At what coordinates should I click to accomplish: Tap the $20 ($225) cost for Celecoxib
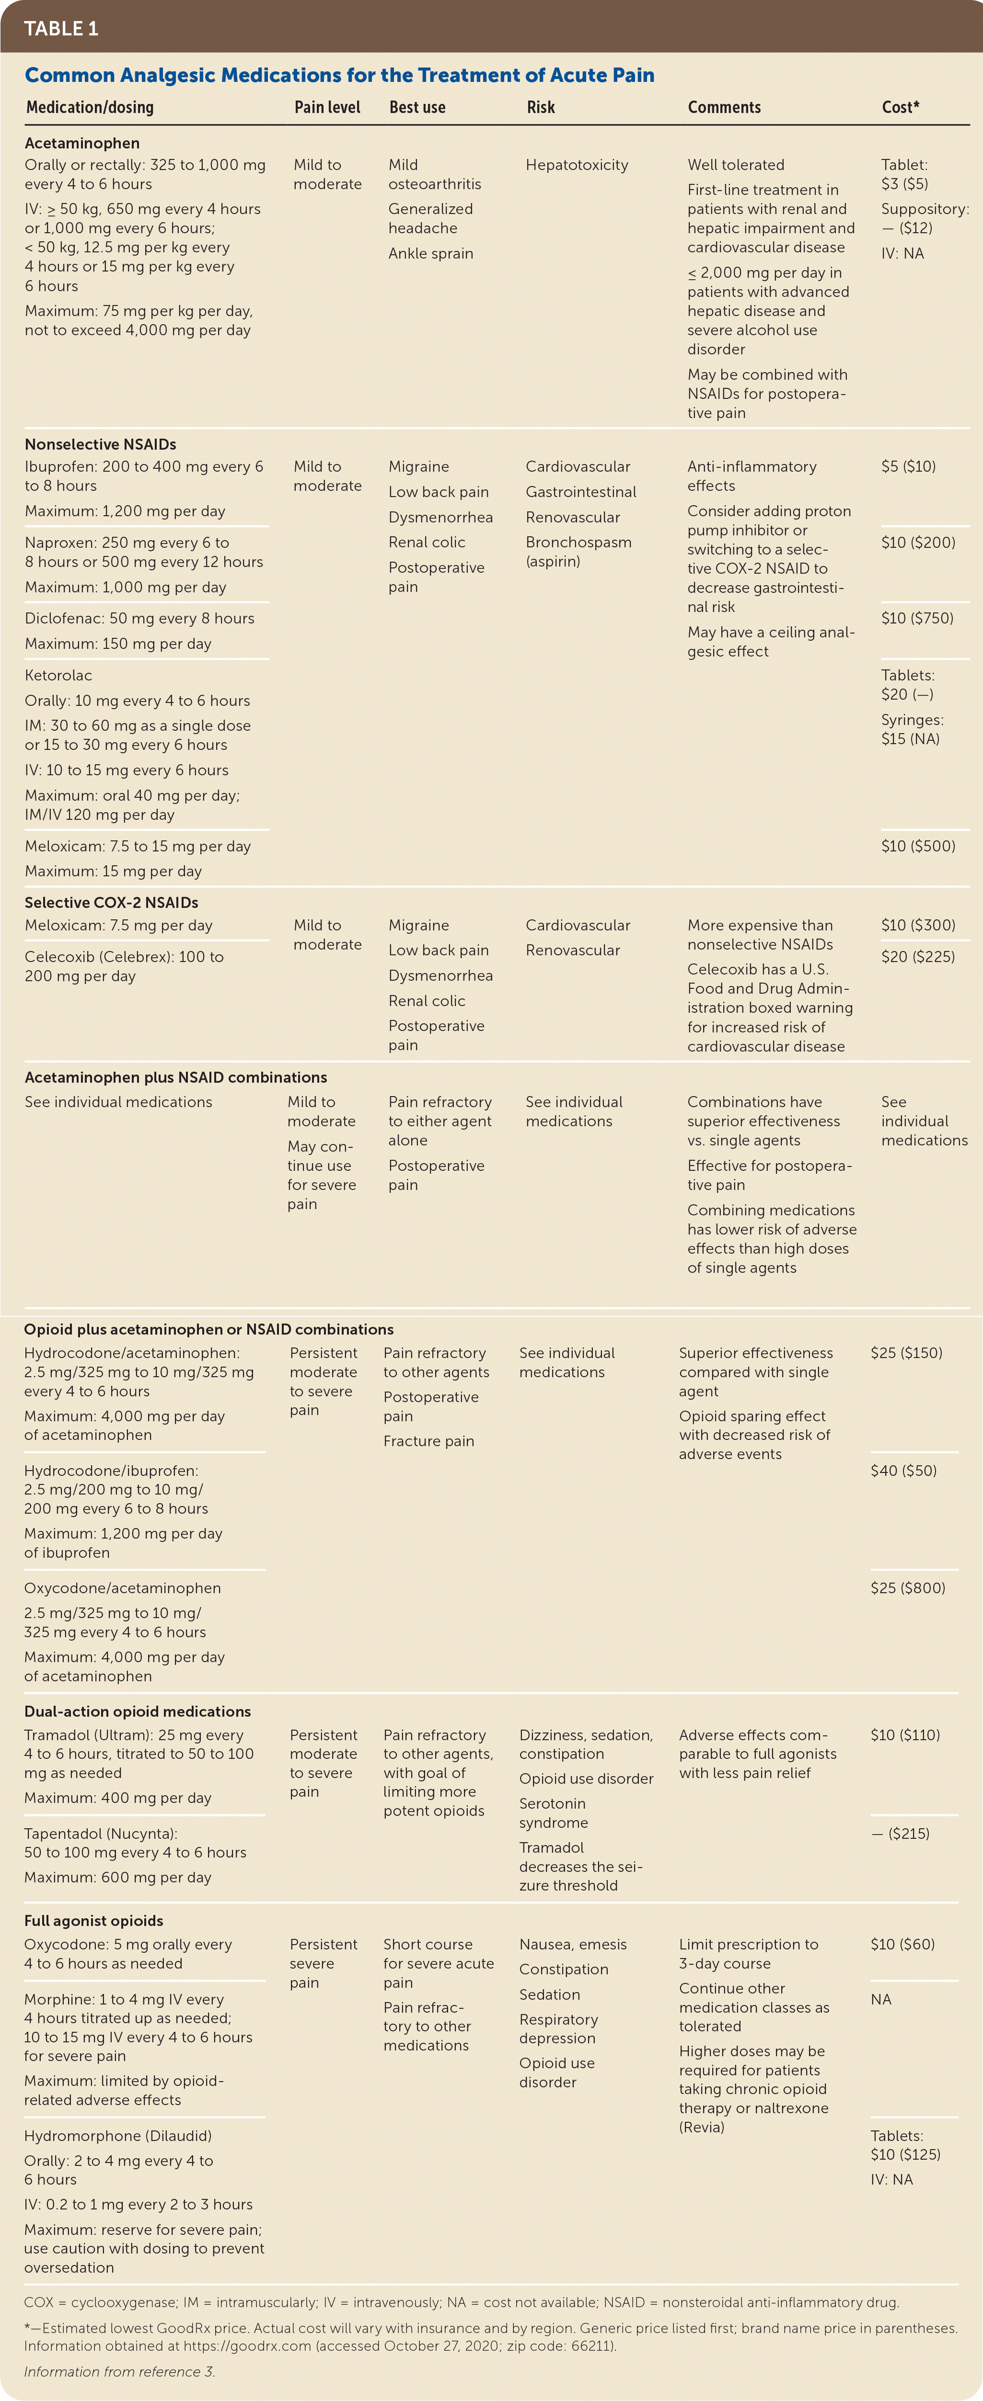click(x=918, y=956)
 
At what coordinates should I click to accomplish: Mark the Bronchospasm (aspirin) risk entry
click(x=578, y=552)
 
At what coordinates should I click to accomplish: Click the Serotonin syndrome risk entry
click(x=553, y=1813)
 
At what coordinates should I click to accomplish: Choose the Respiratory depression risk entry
click(x=559, y=2029)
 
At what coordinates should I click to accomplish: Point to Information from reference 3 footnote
click(x=119, y=2371)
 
